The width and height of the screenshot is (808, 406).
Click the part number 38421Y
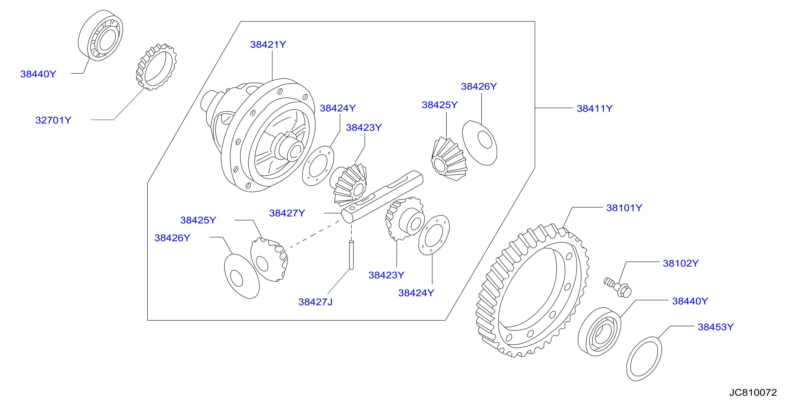tap(268, 45)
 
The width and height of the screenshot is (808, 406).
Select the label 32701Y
tap(53, 120)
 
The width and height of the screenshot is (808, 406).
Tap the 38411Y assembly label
tap(594, 109)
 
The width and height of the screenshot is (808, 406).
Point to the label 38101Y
tap(624, 208)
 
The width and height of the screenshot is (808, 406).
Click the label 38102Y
tap(681, 263)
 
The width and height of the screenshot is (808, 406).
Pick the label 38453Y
tap(716, 327)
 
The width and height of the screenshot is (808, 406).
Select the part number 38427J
tap(315, 302)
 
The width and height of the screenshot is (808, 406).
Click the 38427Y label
tap(287, 213)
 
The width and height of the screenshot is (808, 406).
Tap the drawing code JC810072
tap(753, 393)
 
